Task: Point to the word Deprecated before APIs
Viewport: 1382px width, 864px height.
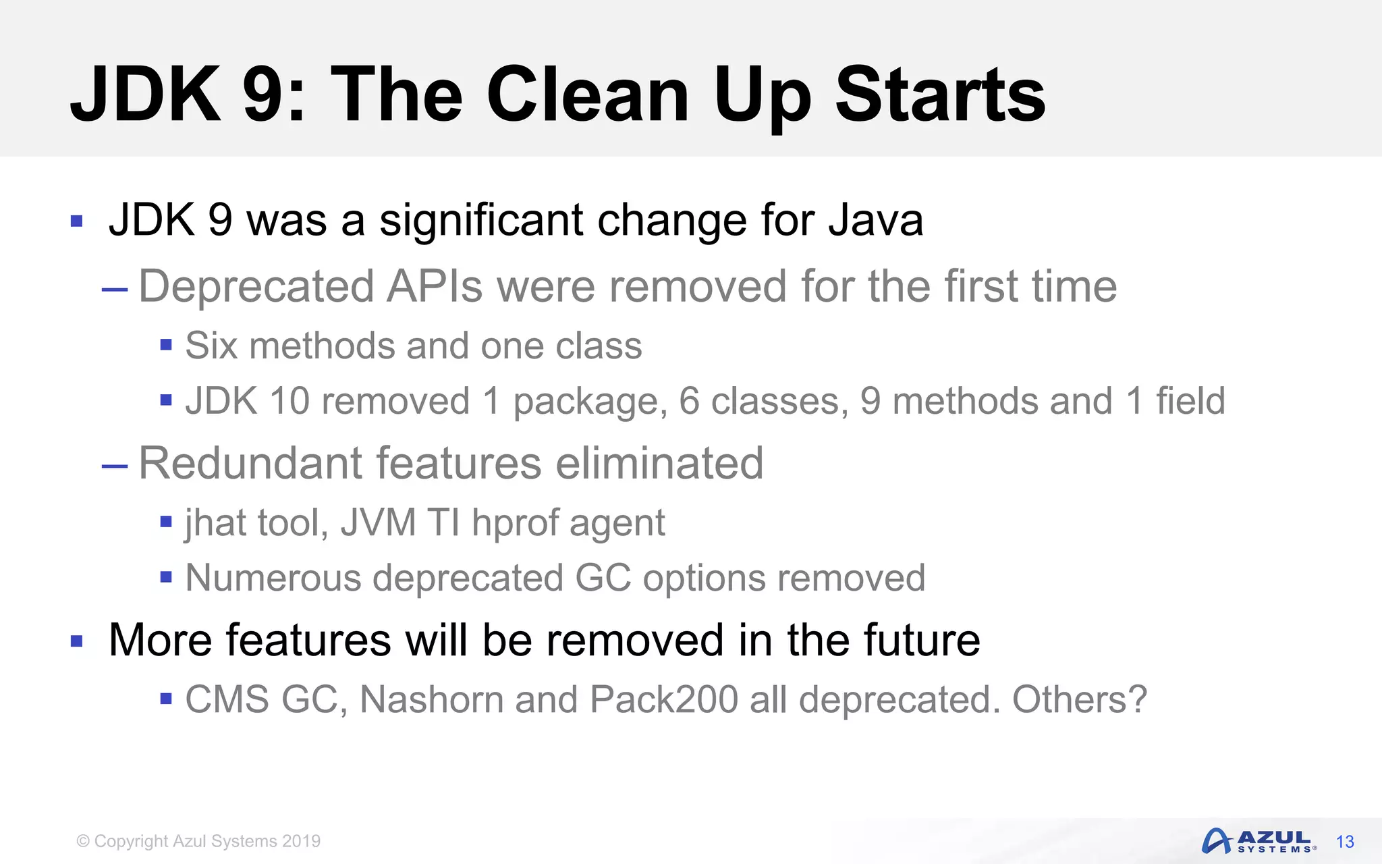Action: pos(256,287)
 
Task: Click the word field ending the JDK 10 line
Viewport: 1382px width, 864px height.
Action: pos(1190,401)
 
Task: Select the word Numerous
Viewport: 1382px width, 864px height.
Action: pos(273,578)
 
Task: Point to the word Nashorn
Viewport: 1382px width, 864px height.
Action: pos(431,699)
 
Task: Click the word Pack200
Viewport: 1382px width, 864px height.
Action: pos(663,699)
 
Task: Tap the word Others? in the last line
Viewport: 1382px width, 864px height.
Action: pos(1079,699)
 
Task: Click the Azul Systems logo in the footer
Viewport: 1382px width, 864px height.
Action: pos(1259,841)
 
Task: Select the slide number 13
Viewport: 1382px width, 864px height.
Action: pos(1345,842)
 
